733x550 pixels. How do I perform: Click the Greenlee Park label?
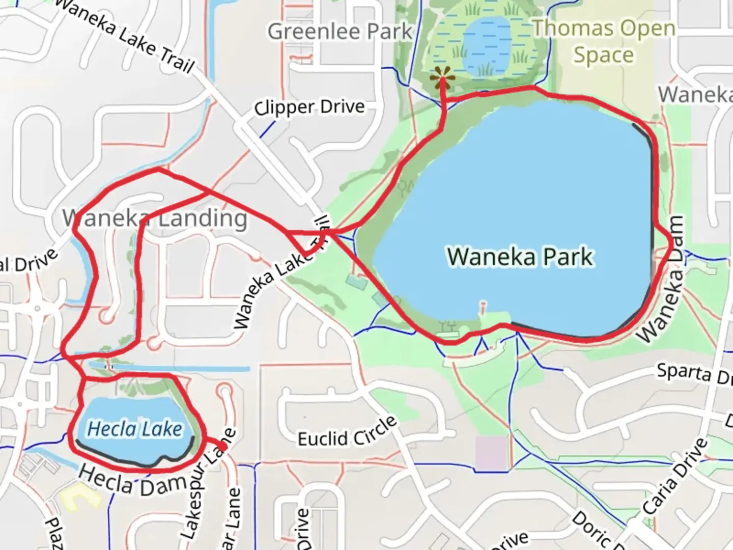(x=340, y=32)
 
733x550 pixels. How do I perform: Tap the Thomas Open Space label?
(x=604, y=42)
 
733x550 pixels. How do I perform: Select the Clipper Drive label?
(x=309, y=107)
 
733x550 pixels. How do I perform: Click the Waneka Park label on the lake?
(x=520, y=256)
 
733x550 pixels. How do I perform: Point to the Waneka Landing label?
(x=155, y=218)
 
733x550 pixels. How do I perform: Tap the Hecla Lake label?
(x=134, y=429)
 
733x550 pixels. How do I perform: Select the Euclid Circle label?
(x=347, y=432)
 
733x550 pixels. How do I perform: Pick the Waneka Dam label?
(x=662, y=279)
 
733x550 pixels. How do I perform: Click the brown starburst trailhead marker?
(x=442, y=78)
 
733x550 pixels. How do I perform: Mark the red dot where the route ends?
(x=222, y=446)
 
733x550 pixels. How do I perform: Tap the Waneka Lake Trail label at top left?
(x=124, y=36)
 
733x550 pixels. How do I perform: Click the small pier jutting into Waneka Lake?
(x=482, y=307)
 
